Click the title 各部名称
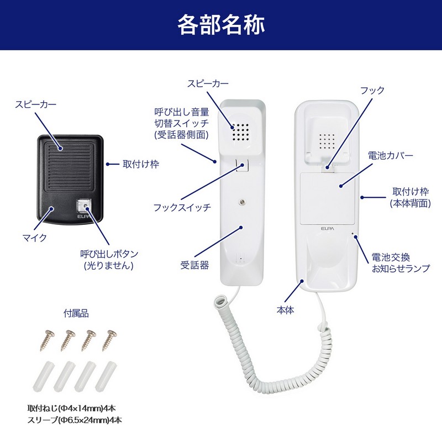click(221, 25)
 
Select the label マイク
click(34, 238)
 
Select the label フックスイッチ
click(182, 208)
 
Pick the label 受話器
click(195, 265)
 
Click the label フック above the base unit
click(372, 90)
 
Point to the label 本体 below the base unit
click(286, 311)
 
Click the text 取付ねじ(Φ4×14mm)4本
click(71, 409)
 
